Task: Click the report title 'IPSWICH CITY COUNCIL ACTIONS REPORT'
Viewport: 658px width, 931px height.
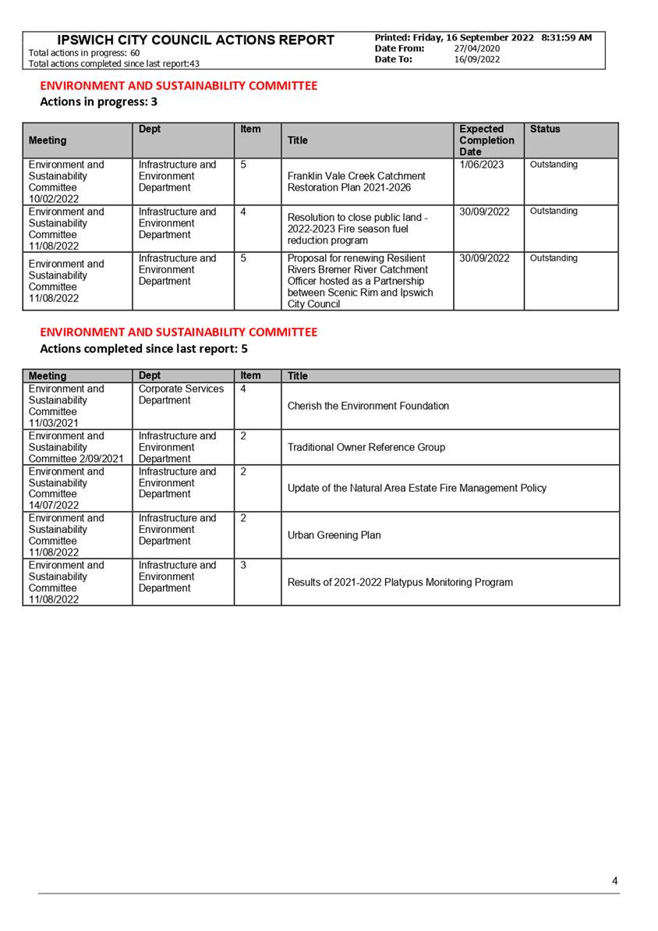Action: point(196,40)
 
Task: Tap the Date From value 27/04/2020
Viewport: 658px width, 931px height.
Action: point(476,48)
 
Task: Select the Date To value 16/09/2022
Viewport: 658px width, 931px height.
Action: point(476,59)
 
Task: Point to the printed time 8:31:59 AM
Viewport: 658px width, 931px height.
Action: point(566,37)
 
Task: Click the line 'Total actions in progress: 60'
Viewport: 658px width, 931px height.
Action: point(84,53)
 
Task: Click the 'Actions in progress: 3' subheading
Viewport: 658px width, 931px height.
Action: point(98,101)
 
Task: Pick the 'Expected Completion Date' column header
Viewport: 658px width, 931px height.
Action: point(486,140)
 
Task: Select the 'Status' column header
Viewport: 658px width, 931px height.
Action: point(544,130)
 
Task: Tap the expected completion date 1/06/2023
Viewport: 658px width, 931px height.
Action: point(482,165)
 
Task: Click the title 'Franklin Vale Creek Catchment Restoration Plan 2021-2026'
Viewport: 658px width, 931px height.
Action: point(356,182)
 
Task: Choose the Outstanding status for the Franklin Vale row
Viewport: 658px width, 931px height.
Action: point(554,165)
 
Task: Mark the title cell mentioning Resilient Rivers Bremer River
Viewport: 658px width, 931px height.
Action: point(360,281)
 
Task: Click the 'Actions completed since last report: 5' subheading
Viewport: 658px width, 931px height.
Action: point(143,349)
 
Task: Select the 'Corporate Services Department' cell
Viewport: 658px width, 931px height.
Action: point(181,394)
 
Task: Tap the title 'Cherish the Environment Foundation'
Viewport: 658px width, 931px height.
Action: point(368,406)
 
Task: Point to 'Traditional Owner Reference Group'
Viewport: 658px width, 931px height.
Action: point(366,447)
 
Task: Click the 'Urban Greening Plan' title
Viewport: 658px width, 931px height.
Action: point(334,535)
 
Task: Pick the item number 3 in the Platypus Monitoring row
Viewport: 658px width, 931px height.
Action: point(243,565)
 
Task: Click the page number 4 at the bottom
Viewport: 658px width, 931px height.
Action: point(614,881)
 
